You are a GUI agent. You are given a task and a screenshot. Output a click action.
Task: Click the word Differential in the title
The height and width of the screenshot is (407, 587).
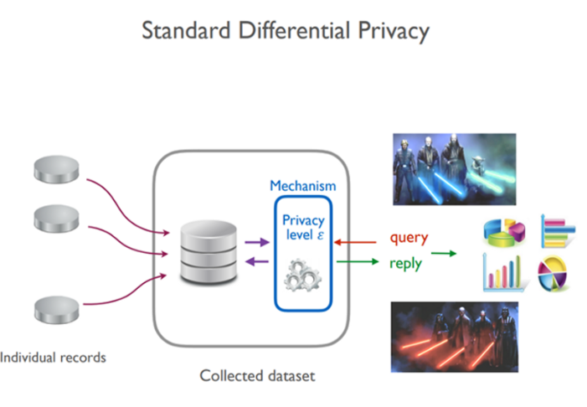click(294, 30)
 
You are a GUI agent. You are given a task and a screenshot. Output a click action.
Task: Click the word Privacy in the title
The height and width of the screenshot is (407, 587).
click(394, 32)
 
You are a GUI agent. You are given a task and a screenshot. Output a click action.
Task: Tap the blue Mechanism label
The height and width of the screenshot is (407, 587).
click(303, 186)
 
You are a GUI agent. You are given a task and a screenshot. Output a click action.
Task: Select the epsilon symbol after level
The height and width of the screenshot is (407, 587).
click(320, 235)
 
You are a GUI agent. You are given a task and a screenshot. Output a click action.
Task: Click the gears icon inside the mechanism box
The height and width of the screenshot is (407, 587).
click(303, 276)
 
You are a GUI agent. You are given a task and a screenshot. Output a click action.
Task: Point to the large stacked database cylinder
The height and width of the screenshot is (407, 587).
click(209, 251)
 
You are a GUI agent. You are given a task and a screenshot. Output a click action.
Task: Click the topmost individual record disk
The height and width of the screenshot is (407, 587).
click(57, 170)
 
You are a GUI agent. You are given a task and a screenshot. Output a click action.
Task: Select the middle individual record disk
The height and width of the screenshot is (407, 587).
click(57, 219)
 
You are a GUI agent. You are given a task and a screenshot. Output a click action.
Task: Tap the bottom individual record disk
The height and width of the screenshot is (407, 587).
click(57, 310)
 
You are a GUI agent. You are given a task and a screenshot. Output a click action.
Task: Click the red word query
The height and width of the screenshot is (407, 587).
click(409, 238)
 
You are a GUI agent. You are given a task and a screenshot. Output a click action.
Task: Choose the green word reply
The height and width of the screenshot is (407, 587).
click(405, 264)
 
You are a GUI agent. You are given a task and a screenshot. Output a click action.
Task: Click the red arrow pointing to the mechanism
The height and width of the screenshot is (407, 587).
click(355, 242)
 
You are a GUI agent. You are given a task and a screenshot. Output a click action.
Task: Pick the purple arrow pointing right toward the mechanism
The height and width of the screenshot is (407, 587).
click(257, 242)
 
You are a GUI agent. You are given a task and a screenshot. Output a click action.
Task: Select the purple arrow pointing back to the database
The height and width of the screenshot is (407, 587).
click(257, 261)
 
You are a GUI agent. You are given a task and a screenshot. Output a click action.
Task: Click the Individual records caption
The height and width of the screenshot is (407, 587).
click(53, 358)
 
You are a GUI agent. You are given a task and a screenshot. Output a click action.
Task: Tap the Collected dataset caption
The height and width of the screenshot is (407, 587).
click(257, 375)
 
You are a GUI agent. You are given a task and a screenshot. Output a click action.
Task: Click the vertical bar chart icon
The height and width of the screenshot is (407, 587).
click(503, 272)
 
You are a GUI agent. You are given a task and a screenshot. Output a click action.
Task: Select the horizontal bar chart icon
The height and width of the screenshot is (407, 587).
click(558, 230)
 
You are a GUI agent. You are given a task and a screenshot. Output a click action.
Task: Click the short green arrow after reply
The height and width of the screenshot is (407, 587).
click(444, 254)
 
